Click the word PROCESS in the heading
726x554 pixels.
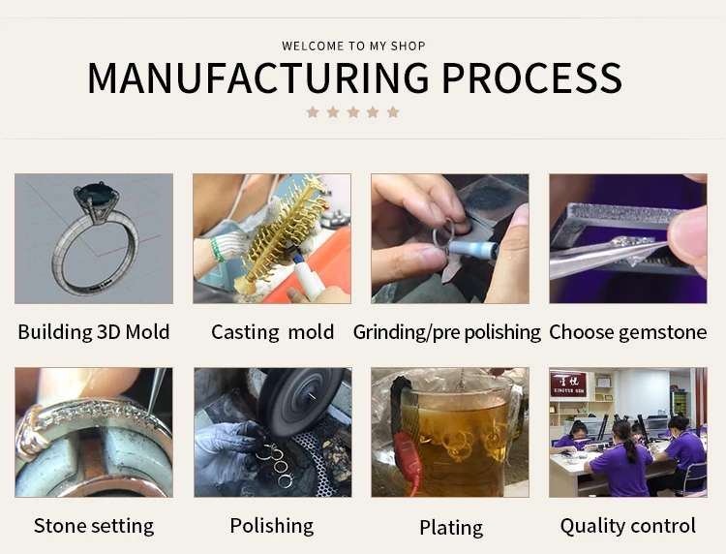[522, 77]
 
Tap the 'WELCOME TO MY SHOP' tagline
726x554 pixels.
[353, 46]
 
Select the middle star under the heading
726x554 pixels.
[352, 112]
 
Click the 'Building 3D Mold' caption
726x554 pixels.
[94, 332]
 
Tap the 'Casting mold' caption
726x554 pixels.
[272, 332]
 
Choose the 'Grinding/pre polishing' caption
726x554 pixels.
[446, 332]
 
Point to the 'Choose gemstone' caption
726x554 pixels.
[627, 332]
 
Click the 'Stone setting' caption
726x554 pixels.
[94, 526]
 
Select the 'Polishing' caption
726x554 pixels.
[272, 526]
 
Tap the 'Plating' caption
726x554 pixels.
[450, 528]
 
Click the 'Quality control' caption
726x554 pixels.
[627, 526]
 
